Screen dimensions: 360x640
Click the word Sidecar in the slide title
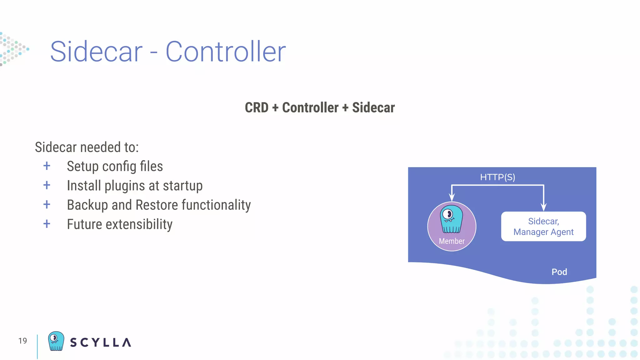pyautogui.click(x=96, y=52)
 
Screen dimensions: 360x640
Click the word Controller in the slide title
pyautogui.click(x=225, y=52)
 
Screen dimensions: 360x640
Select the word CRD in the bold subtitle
pyautogui.click(x=257, y=108)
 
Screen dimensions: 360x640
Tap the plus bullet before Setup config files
pyautogui.click(x=47, y=166)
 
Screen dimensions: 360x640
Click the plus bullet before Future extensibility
pyautogui.click(x=47, y=224)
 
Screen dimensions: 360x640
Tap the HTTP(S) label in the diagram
pyautogui.click(x=497, y=177)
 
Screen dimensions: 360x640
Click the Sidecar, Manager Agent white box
pyautogui.click(x=543, y=227)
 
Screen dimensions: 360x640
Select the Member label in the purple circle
pyautogui.click(x=452, y=241)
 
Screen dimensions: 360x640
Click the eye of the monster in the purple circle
pyautogui.click(x=448, y=214)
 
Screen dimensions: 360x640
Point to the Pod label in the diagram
pyautogui.click(x=559, y=272)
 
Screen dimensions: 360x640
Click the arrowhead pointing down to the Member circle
pyautogui.click(x=452, y=197)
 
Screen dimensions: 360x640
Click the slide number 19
pyautogui.click(x=22, y=341)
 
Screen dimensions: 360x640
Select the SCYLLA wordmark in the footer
pyautogui.click(x=100, y=342)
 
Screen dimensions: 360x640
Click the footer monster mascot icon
pyautogui.click(x=56, y=341)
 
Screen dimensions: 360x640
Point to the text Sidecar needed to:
pyautogui.click(x=87, y=147)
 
